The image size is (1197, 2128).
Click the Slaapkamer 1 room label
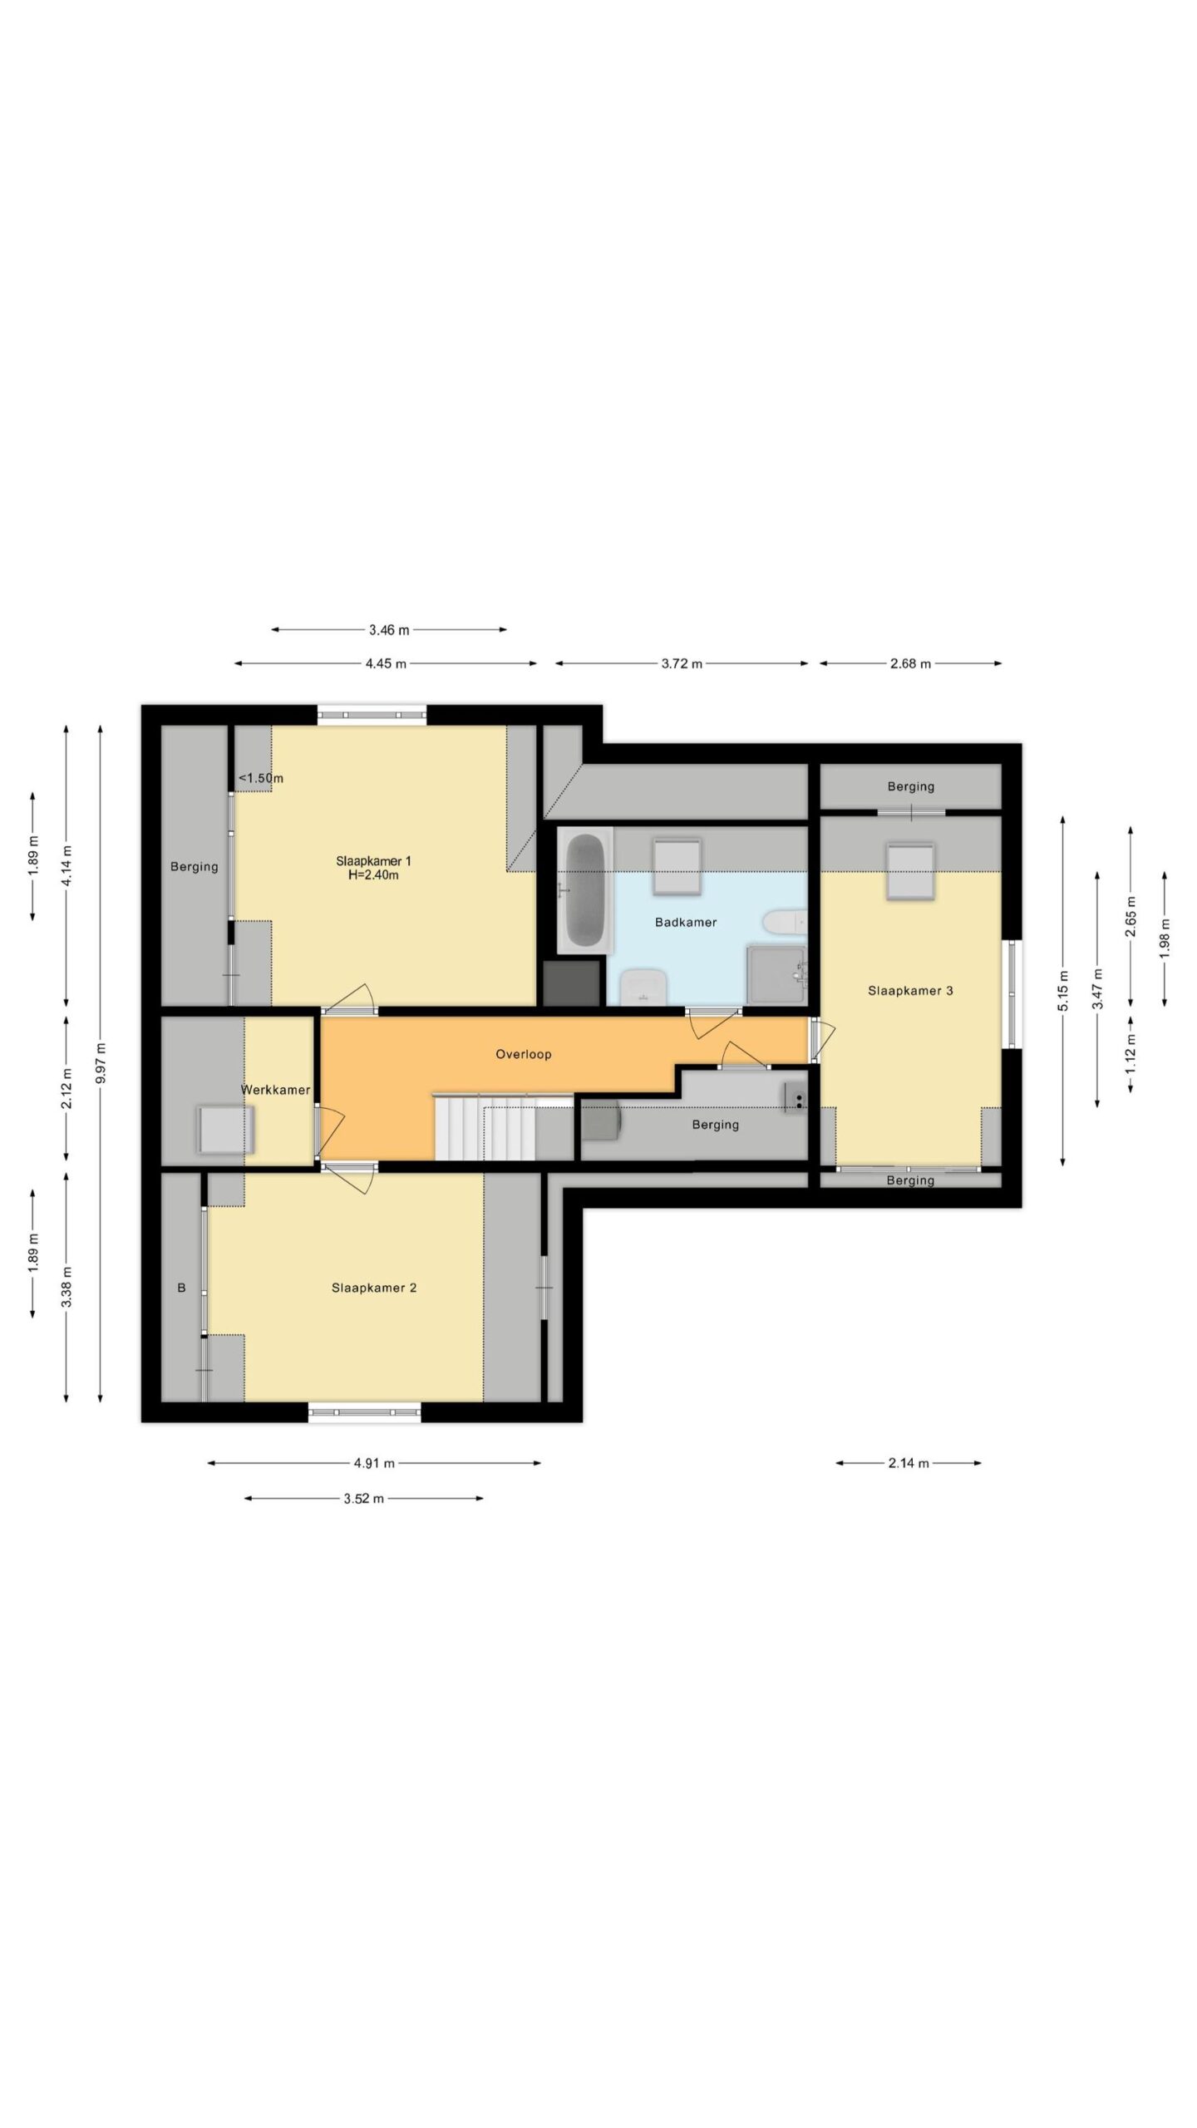373,860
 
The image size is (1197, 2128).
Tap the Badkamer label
686,922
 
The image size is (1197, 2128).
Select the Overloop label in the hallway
524,1054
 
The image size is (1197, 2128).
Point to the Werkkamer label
275,1090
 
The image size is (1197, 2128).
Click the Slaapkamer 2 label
374,1288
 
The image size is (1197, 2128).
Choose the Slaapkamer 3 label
910,990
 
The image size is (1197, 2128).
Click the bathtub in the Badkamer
584,889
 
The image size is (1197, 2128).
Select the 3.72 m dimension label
682,663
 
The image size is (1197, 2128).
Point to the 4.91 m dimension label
374,1463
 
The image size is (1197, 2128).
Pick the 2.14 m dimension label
909,1463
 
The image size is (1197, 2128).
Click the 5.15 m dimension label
1063,991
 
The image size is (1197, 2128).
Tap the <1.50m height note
261,778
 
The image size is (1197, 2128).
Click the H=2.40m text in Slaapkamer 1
373,874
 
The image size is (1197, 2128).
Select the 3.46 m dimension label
389,630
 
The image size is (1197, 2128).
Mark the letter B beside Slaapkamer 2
181,1288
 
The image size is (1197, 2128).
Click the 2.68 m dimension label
910,663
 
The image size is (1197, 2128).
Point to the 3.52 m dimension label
363,1499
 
